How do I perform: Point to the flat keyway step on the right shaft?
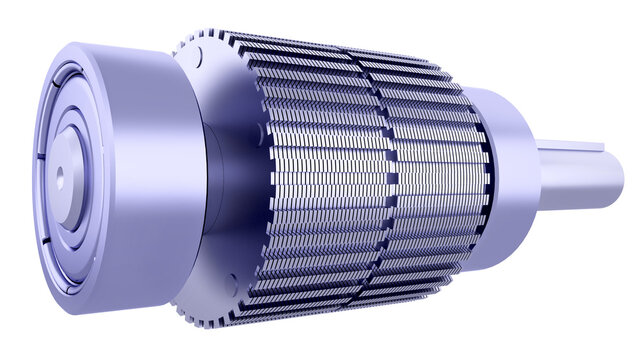tap(580, 150)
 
